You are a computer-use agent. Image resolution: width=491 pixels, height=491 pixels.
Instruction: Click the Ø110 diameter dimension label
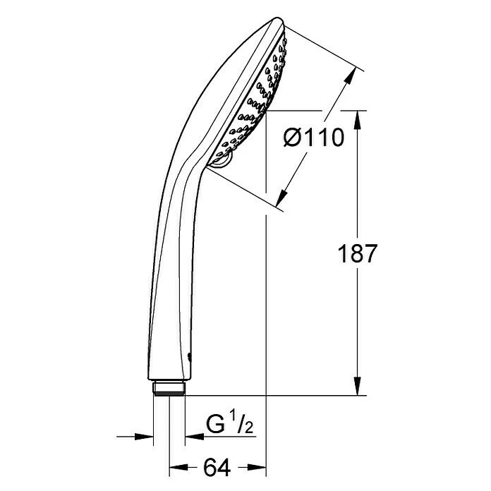313,138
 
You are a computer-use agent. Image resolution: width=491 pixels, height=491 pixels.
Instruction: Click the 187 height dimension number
357,253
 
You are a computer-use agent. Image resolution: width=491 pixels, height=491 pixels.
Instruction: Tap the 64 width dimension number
217,468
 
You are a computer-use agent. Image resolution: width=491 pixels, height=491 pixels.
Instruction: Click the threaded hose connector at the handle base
169,388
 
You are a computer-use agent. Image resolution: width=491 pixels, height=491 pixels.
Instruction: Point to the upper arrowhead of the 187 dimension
358,119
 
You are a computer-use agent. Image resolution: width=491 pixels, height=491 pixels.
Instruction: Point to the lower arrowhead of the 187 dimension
358,386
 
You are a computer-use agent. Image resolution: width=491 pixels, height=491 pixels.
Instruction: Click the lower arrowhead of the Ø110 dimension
282,198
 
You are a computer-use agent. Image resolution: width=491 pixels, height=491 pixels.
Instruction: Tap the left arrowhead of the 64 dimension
178,468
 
